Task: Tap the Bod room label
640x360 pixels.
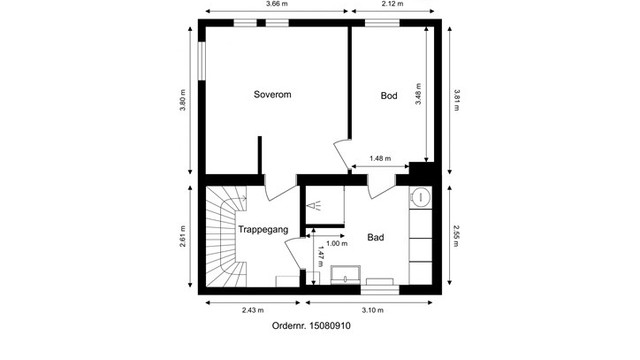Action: [389, 96]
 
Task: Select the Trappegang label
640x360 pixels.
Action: [264, 230]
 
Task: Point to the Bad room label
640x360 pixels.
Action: [376, 238]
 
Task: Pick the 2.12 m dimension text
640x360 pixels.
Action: [392, 4]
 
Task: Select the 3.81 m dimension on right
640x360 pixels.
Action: [456, 103]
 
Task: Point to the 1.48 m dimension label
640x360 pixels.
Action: [380, 158]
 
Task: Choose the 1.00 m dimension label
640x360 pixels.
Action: [337, 243]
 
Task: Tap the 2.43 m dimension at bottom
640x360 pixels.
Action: [253, 310]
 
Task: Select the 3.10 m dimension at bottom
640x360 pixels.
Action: [372, 310]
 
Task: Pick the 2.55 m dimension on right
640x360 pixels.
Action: [456, 238]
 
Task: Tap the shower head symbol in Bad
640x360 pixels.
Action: [316, 206]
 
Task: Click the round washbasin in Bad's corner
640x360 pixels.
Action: [421, 198]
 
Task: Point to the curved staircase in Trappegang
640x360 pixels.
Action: [226, 240]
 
